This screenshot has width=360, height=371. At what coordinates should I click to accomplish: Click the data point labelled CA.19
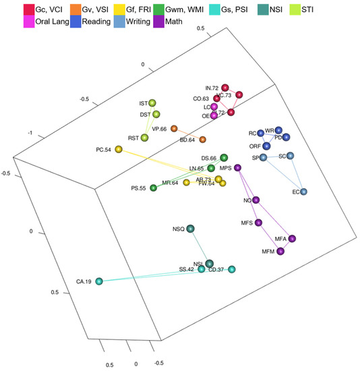99,281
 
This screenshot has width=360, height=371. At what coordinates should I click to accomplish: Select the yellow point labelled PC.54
119,149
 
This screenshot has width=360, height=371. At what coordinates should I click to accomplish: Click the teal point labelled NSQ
191,229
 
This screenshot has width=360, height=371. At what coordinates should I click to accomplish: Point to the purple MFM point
280,252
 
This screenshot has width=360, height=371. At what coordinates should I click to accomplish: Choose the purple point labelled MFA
293,239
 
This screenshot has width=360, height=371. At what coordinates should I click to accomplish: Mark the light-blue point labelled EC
304,192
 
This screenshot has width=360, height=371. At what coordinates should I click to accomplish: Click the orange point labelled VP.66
174,128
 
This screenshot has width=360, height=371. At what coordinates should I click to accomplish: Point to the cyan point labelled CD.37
232,269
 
